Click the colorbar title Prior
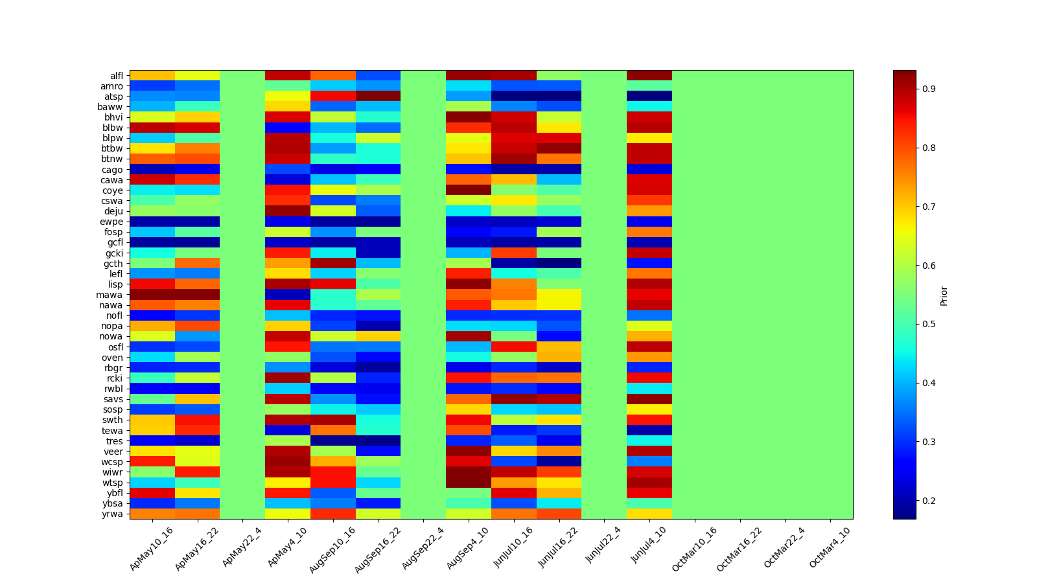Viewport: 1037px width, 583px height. [944, 295]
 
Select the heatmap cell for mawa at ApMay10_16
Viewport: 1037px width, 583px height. [152, 295]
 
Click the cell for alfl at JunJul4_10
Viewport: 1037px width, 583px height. [649, 76]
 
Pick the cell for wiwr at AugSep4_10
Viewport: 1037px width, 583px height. [469, 472]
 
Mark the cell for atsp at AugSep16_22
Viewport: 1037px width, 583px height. [378, 97]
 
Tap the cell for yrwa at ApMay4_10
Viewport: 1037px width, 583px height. [288, 514]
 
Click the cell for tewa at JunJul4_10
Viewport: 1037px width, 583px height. [649, 431]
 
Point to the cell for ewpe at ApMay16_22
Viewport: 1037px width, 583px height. [198, 222]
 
